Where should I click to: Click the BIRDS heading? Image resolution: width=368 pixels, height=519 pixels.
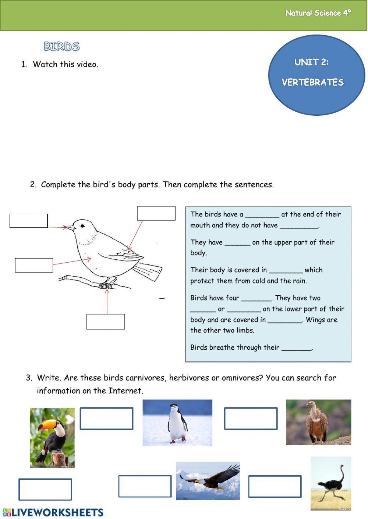click(61, 46)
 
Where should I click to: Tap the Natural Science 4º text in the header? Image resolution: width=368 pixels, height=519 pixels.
click(318, 13)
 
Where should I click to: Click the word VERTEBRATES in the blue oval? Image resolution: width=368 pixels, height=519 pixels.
click(313, 82)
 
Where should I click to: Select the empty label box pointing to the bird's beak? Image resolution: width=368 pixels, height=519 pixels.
click(29, 221)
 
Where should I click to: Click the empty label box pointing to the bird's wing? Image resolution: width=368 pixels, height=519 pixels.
click(156, 213)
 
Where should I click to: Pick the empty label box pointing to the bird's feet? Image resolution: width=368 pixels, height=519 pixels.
click(106, 322)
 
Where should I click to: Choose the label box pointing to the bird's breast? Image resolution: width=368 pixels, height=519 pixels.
click(34, 265)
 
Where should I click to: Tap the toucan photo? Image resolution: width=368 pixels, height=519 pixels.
click(52, 437)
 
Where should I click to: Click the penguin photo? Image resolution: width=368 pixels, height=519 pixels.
click(177, 423)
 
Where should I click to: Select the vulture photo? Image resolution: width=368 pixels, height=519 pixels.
click(318, 422)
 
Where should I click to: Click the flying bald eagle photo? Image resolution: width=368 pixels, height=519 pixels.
click(208, 481)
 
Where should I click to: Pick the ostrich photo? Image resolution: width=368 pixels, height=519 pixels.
click(330, 483)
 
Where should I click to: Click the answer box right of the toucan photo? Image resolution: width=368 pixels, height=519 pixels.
click(106, 418)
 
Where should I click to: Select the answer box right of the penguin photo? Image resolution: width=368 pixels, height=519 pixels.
click(251, 418)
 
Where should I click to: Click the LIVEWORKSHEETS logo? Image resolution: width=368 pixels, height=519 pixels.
click(53, 512)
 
